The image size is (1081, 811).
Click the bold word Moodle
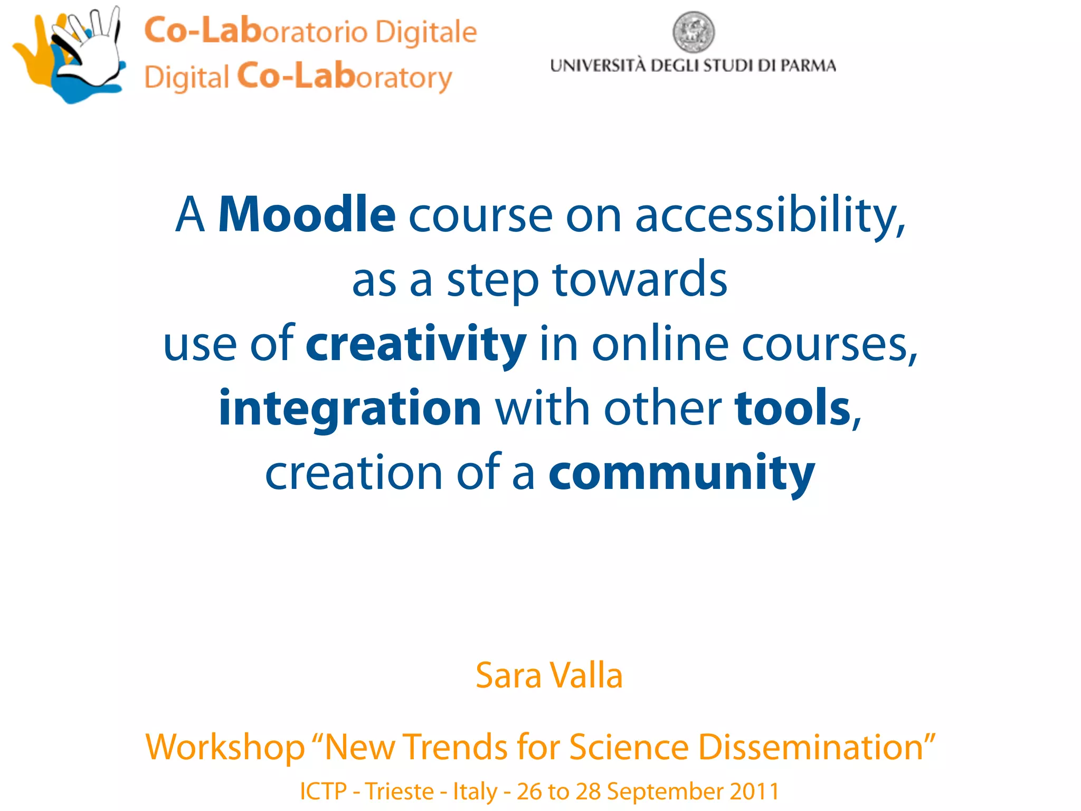[x=307, y=214]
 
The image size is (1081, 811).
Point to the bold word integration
[x=350, y=408]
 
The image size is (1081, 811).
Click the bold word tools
[x=792, y=408]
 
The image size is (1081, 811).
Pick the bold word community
[x=681, y=472]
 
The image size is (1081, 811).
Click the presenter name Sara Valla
[x=549, y=675]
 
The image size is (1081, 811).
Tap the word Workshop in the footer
[x=225, y=747]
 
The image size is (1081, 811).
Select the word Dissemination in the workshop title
[x=816, y=747]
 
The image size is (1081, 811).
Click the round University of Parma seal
[x=694, y=32]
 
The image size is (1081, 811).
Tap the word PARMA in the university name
[x=808, y=66]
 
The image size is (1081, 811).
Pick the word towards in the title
[x=640, y=280]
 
